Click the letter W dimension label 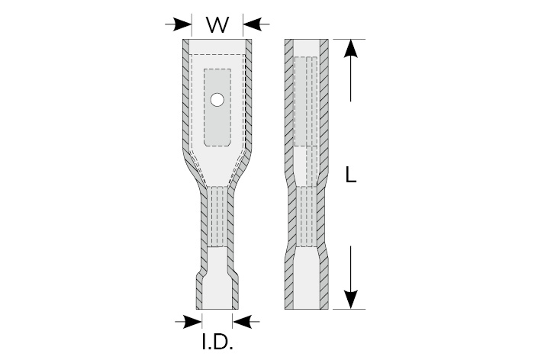tap(217, 24)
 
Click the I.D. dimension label tap(217, 342)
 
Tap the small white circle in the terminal tap(217, 100)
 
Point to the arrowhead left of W tap(183, 24)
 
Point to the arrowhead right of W tap(252, 24)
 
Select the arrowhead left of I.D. tap(193, 322)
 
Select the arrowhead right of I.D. tap(242, 322)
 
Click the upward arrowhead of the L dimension tap(350, 48)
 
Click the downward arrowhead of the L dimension tap(350, 300)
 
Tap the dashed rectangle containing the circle tap(217, 108)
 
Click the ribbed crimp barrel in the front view tap(217, 217)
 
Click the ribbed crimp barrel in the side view tap(307, 217)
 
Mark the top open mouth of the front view tap(217, 47)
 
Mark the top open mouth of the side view tap(307, 47)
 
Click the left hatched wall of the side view tap(289, 174)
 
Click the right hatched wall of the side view tap(323, 174)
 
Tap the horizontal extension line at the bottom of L tap(349, 309)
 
